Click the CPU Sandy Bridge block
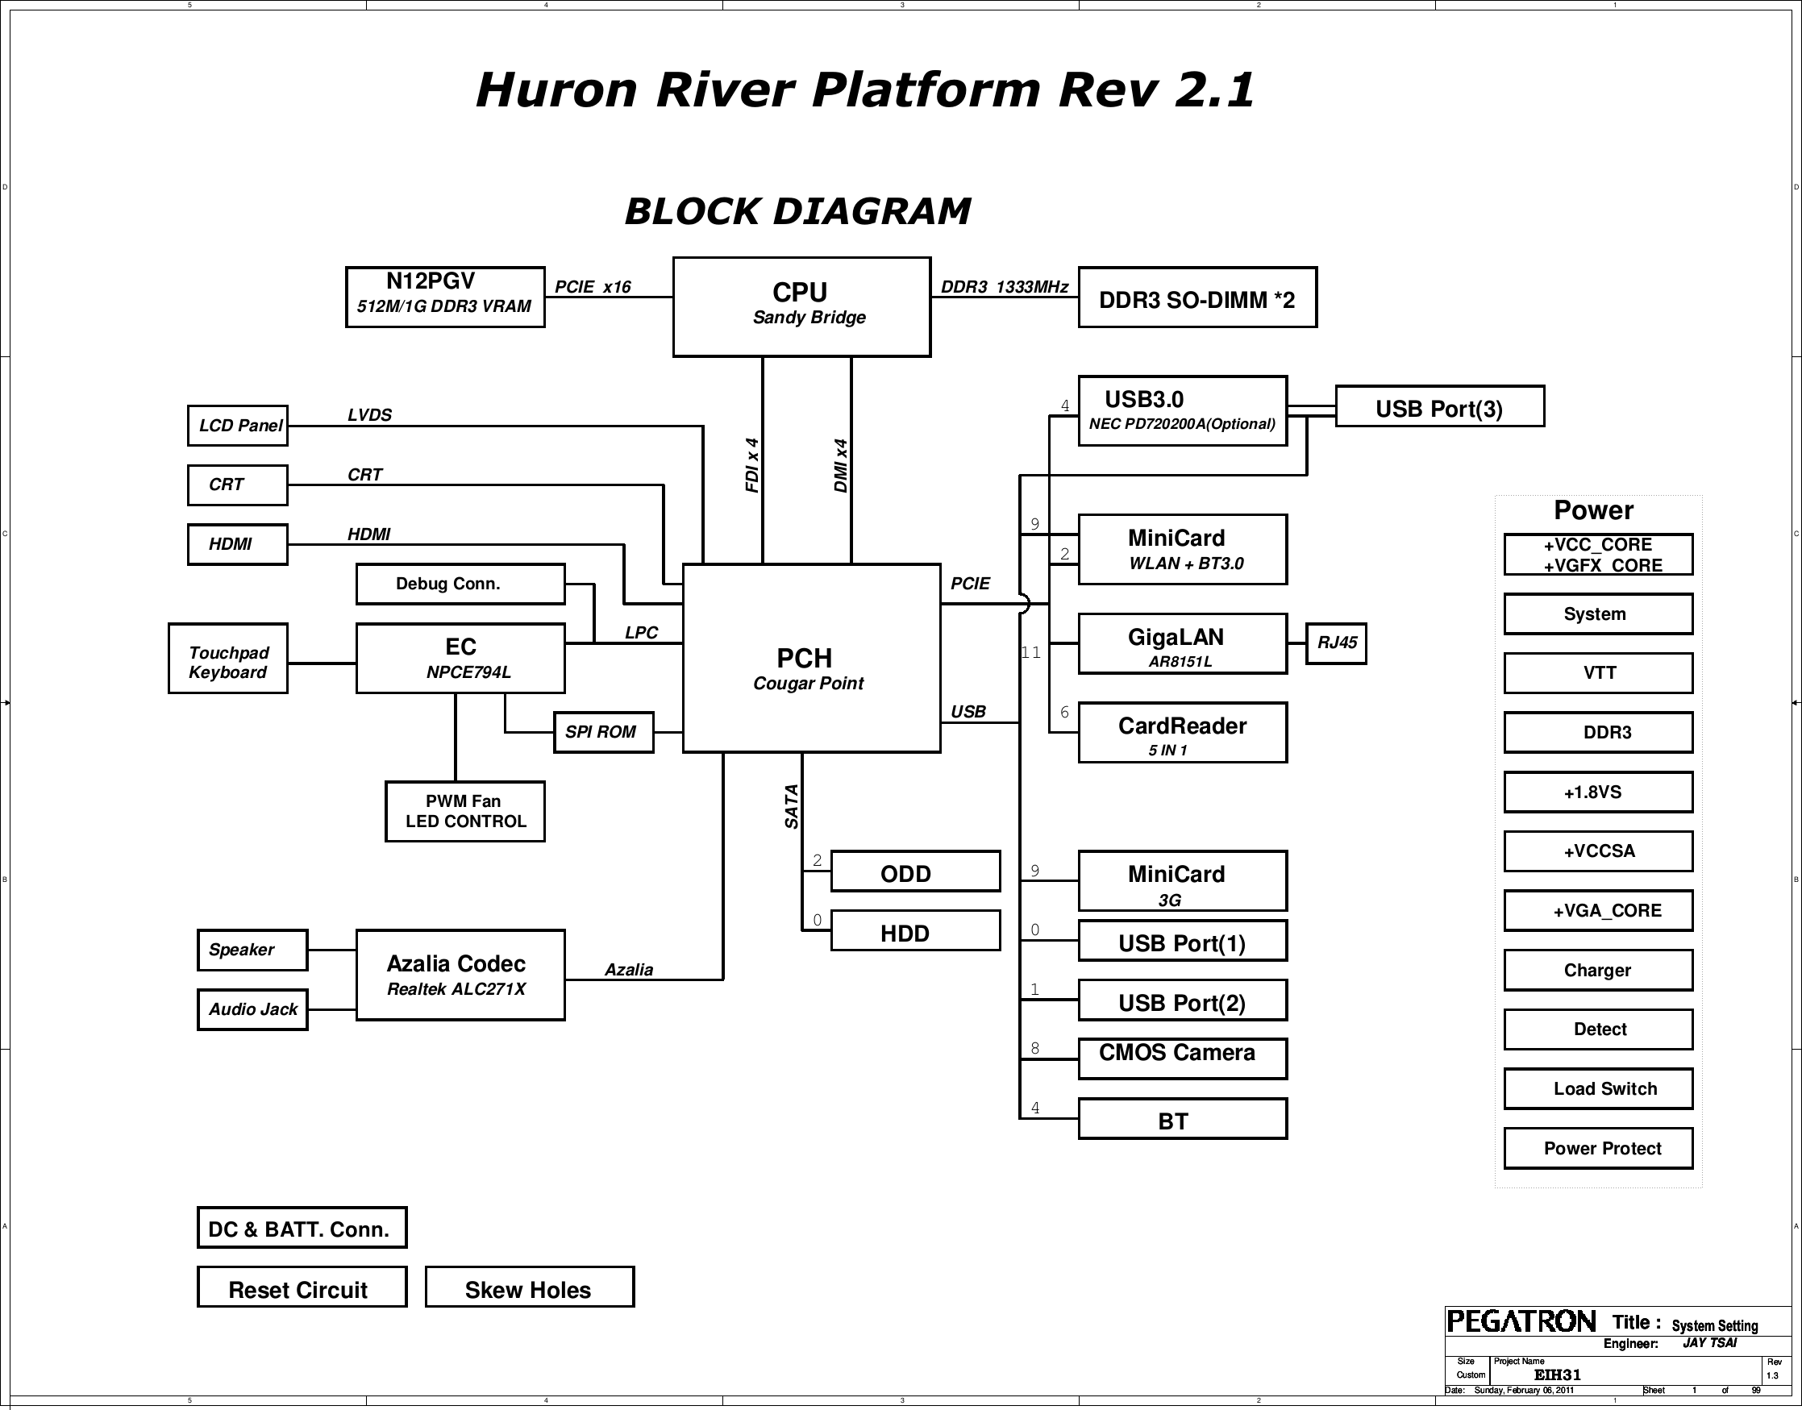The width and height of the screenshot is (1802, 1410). pos(801,306)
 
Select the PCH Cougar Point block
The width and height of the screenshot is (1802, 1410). pos(810,658)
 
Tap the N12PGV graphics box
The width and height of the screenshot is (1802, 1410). pos(445,297)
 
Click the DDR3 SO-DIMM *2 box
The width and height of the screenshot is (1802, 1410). pos(1197,297)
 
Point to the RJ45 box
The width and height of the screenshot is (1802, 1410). pos(1336,643)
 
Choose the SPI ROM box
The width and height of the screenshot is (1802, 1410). pos(602,732)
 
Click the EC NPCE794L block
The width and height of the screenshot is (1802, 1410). pos(460,658)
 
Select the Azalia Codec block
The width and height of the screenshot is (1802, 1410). pos(460,975)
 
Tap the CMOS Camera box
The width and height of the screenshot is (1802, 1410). pos(1182,1058)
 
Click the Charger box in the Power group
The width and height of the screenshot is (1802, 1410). pos(1597,970)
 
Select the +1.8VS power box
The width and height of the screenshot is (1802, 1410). pos(1597,792)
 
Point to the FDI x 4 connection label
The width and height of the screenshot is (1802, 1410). pos(751,466)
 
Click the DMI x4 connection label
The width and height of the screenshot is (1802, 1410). pos(840,466)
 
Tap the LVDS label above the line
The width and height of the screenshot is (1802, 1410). pos(369,415)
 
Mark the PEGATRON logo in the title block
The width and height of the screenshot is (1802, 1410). pos(1521,1321)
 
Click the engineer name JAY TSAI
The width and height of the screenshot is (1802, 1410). pos(1709,1343)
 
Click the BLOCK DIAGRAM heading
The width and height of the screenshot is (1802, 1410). pos(797,211)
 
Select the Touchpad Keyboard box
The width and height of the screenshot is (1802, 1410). pos(228,658)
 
